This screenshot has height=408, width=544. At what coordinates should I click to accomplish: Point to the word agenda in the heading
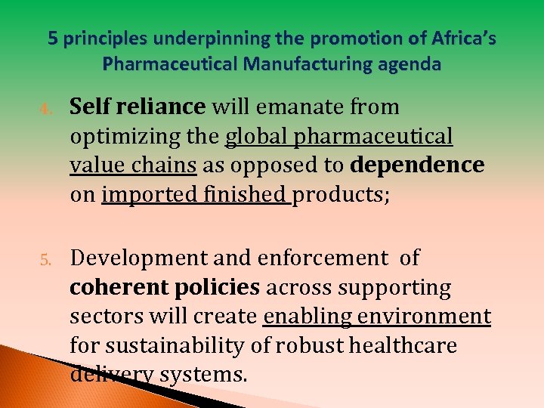tap(411, 65)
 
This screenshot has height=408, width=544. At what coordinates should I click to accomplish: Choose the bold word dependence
tap(418, 165)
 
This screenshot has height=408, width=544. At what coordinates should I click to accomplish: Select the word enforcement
tap(322, 258)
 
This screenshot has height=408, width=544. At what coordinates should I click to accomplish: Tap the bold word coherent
tap(116, 287)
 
